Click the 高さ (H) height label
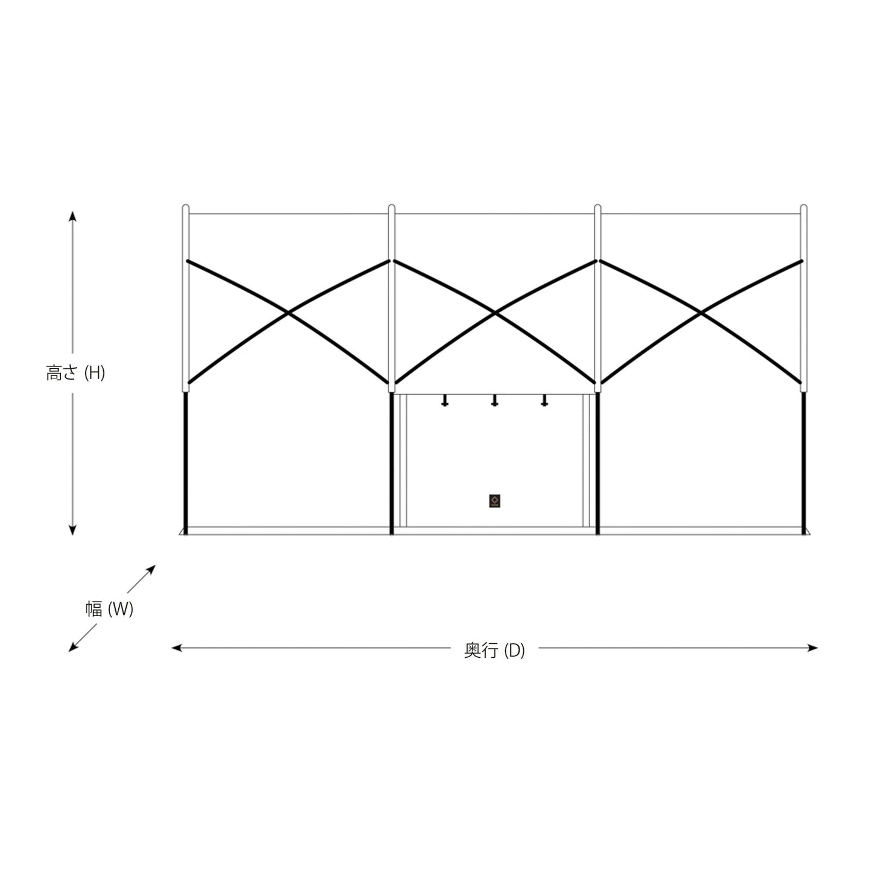[75, 374]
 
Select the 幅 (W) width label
[109, 609]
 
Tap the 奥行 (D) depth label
[494, 651]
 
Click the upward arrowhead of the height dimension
[72, 216]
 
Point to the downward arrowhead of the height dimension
[72, 530]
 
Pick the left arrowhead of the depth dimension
[177, 648]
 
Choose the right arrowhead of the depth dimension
[812, 648]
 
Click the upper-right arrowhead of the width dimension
[151, 569]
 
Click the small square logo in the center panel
[495, 501]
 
